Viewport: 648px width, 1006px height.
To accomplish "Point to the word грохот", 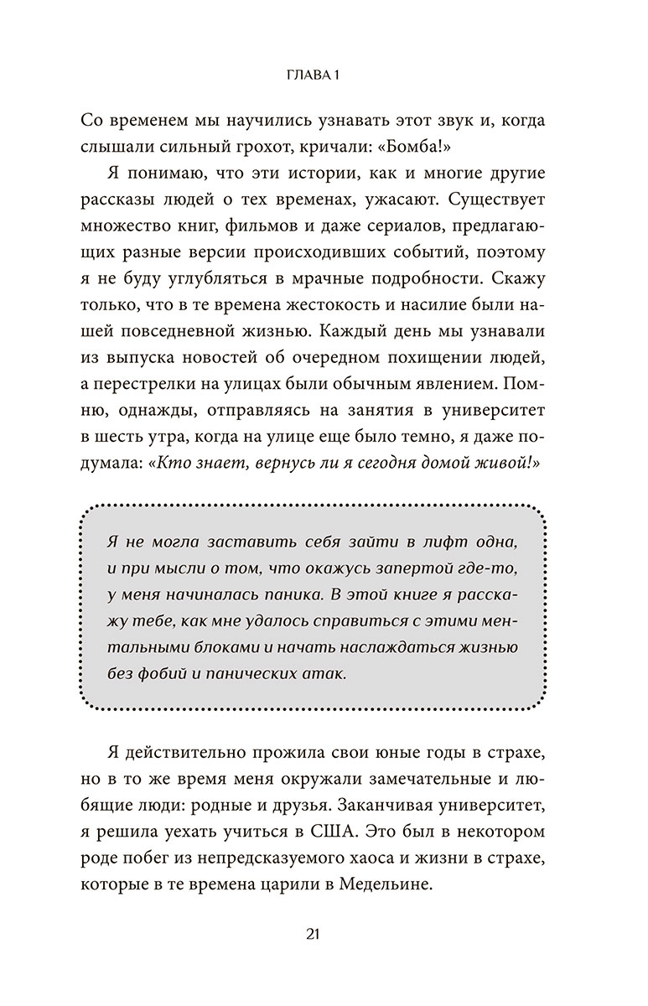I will (x=306, y=145).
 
